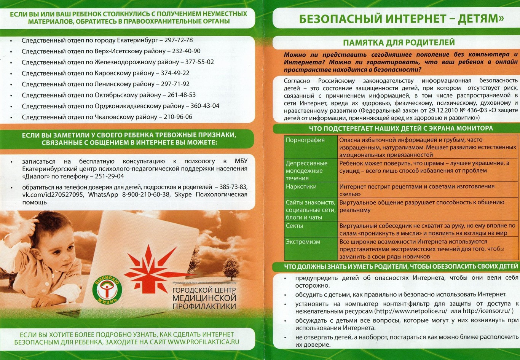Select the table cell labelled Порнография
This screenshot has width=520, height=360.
tap(305, 140)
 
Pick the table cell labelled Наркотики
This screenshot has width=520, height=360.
tap(301, 186)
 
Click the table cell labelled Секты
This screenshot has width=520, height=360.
tap(295, 226)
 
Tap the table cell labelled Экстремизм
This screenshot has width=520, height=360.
tap(303, 242)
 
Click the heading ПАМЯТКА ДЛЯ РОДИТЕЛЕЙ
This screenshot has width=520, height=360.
tap(399, 42)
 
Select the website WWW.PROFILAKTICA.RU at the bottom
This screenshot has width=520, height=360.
tap(204, 341)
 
